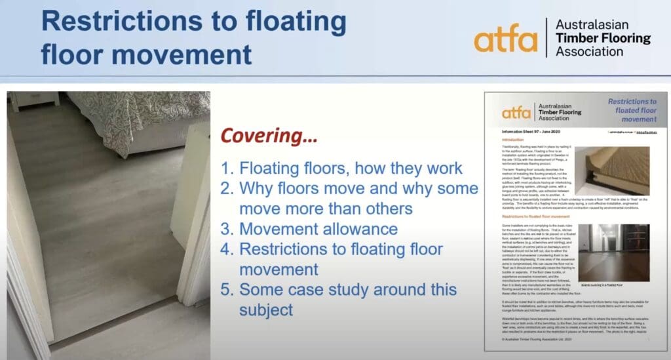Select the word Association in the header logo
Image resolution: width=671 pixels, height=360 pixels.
590,51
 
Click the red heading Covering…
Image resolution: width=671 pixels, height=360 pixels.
269,137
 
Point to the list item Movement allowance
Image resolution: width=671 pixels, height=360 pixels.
318,229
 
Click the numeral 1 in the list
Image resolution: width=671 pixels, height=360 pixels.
227,168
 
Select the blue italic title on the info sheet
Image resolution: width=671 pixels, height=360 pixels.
630,110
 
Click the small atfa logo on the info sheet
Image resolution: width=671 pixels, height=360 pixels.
516,112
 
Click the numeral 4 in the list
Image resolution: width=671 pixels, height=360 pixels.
227,249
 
